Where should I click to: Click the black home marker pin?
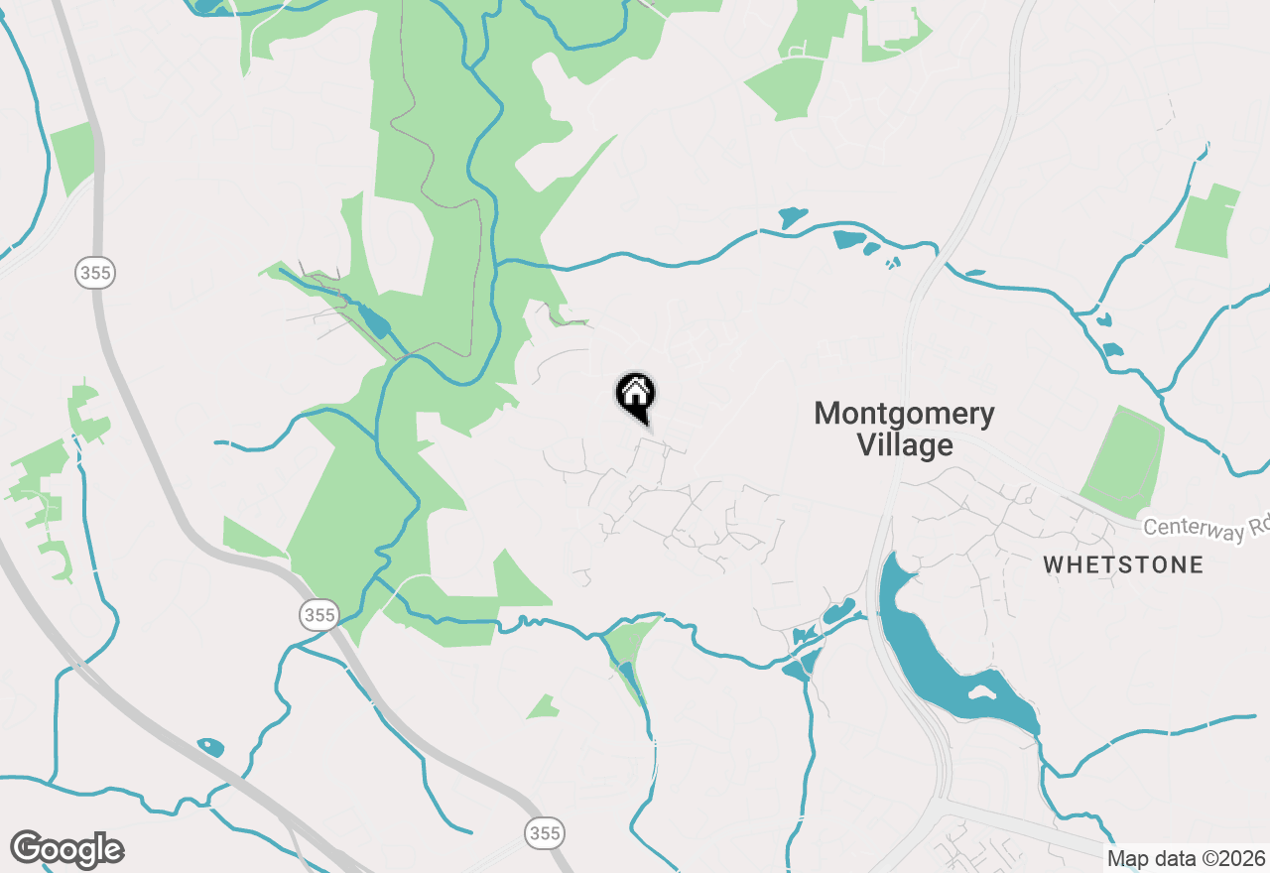point(636,396)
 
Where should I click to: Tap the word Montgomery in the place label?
point(904,414)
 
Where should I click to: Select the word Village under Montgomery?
point(905,445)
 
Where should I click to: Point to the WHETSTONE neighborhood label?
point(1123,565)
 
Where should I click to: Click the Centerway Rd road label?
point(1206,529)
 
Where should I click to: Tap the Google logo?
point(67,850)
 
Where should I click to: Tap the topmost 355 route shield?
point(95,273)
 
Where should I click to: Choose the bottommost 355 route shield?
point(544,832)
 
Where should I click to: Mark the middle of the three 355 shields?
point(318,615)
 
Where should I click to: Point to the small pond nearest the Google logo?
point(210,746)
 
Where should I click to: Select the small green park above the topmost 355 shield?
point(72,158)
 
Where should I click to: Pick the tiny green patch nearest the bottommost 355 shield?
point(543,707)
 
